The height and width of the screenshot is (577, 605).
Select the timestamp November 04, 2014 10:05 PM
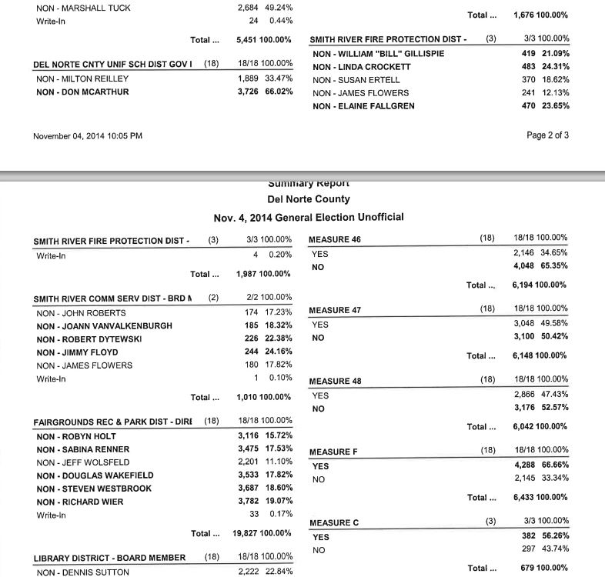[88, 136]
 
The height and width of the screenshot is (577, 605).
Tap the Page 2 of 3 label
[548, 135]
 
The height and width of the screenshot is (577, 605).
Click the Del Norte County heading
[308, 198]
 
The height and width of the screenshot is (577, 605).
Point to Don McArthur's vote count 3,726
[252, 92]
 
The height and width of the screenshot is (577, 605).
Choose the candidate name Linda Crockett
[362, 67]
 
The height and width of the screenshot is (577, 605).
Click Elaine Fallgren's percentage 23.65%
[553, 106]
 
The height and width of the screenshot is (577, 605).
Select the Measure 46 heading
[335, 239]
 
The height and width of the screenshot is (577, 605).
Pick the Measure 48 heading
[335, 381]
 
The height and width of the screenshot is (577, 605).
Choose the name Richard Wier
[79, 502]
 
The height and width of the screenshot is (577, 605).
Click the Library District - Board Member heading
[109, 558]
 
